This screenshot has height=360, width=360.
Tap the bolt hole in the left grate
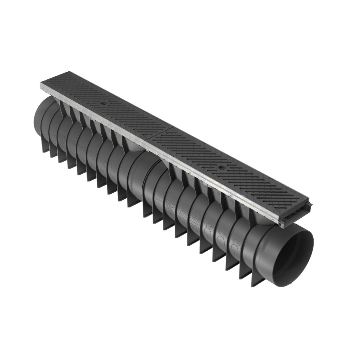coord(102,104)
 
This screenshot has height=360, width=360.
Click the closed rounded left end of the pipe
coord(40,116)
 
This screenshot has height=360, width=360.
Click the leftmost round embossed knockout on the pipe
coord(91,155)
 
